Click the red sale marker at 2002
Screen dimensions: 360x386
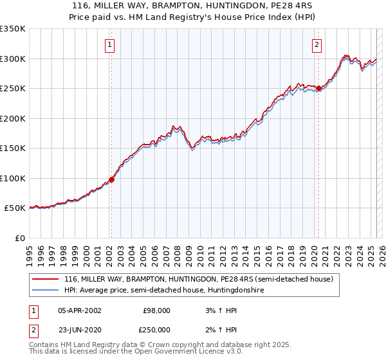pyautogui.click(x=111, y=180)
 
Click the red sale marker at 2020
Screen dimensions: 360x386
pyautogui.click(x=318, y=89)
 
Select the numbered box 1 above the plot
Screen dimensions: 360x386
pyautogui.click(x=111, y=45)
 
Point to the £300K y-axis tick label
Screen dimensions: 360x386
pyautogui.click(x=13, y=59)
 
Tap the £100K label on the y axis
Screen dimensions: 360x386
pyautogui.click(x=13, y=178)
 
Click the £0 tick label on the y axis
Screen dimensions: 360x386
pyautogui.click(x=20, y=238)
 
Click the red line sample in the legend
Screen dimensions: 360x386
pyautogui.click(x=45, y=280)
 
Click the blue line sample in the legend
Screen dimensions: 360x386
pyautogui.click(x=45, y=291)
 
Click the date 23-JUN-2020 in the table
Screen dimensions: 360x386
pyautogui.click(x=79, y=329)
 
